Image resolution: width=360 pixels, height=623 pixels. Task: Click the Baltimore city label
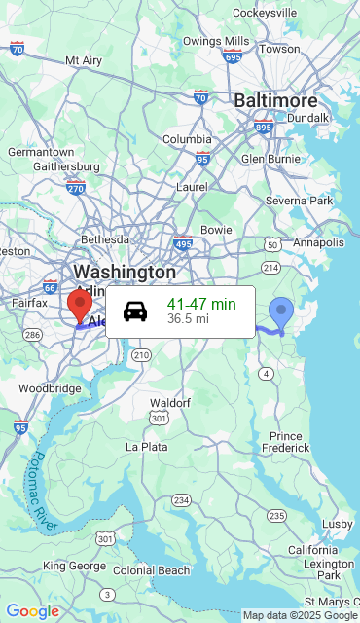coord(275,100)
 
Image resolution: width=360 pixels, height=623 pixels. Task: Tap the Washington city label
coord(125,272)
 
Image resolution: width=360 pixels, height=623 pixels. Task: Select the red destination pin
coord(80,304)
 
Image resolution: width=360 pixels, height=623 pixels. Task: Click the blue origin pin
coord(281,312)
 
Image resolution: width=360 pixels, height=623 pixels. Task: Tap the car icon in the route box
coord(135,311)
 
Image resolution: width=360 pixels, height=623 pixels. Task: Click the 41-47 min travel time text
coord(200,304)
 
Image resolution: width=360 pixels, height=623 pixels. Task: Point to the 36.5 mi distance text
coord(188,318)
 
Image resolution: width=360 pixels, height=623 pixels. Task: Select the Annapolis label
coord(318,242)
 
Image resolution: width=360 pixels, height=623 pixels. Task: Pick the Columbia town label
coord(186,139)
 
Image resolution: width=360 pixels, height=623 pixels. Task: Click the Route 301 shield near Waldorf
coord(157,418)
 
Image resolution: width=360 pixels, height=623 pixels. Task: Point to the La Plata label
coord(146,447)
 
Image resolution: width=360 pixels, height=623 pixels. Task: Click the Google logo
coord(32,611)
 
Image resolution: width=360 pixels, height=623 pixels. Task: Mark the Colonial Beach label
coord(152,570)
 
